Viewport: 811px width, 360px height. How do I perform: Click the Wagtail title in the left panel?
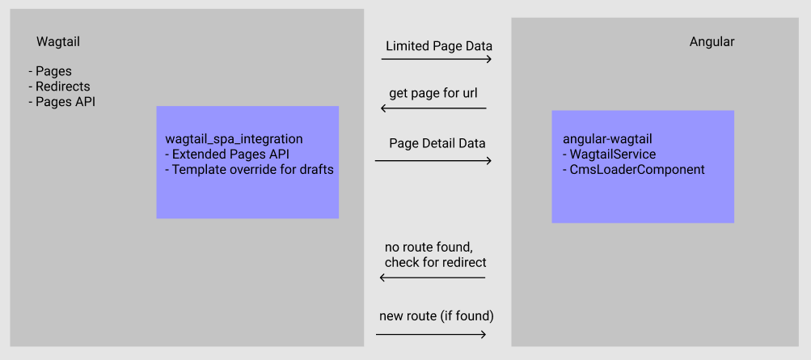click(58, 41)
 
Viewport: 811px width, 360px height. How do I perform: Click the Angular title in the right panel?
click(712, 41)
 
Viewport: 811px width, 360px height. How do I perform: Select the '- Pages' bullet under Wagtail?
click(49, 71)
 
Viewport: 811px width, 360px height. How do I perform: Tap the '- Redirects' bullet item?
click(59, 87)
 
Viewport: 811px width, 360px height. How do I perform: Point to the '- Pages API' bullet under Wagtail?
click(61, 102)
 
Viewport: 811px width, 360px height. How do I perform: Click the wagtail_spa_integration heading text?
click(234, 139)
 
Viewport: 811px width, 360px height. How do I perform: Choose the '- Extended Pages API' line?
click(226, 155)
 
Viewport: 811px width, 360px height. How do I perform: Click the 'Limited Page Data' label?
click(438, 46)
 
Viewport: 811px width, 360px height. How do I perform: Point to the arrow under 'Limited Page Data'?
click(437, 60)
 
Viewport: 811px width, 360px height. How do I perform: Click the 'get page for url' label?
click(433, 93)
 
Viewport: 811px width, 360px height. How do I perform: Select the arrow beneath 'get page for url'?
click(433, 108)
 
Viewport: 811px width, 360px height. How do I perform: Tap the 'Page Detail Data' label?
click(437, 143)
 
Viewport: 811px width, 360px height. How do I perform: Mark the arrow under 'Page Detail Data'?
click(433, 161)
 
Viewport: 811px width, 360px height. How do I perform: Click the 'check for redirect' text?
click(435, 262)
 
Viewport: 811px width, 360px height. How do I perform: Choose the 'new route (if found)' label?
click(436, 315)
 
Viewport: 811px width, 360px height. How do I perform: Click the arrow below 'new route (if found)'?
click(432, 334)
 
